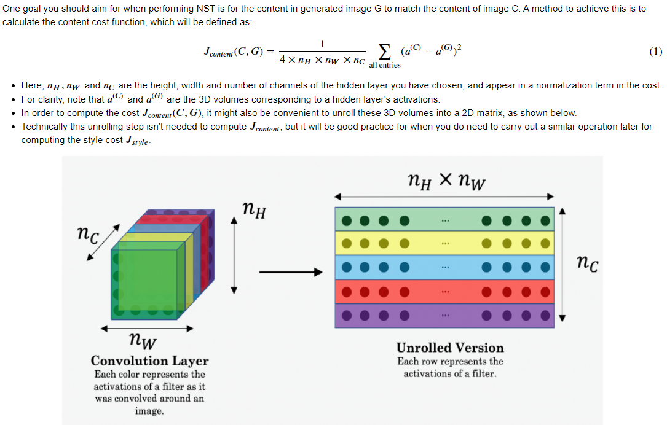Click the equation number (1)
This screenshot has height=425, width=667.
click(655, 52)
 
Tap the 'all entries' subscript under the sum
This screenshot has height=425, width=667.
click(384, 65)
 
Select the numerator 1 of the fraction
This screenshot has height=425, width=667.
click(322, 43)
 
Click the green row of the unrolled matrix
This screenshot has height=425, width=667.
click(444, 220)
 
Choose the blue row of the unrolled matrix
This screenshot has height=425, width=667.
click(444, 268)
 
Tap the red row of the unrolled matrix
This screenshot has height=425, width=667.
click(444, 291)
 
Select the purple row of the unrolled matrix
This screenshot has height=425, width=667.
click(444, 315)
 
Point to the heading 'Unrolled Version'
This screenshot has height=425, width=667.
click(450, 348)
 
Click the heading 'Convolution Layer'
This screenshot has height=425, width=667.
click(149, 361)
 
